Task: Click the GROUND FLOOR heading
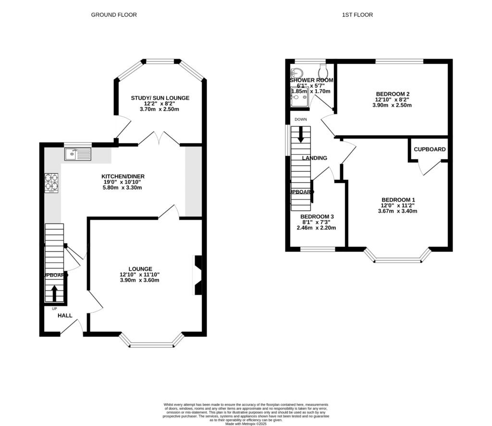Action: tap(114, 15)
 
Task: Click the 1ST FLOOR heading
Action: tap(357, 15)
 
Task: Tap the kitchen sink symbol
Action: tap(78, 154)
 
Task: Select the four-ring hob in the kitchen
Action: tap(52, 182)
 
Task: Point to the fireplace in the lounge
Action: tap(197, 275)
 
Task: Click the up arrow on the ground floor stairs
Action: tap(54, 291)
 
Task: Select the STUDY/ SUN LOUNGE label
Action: tap(160, 98)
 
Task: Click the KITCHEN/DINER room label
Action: tap(123, 176)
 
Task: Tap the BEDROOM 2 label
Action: tap(393, 94)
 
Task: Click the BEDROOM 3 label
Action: tap(317, 216)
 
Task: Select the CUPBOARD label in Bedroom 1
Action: tap(430, 150)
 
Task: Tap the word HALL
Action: tap(65, 316)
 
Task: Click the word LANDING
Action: tap(314, 158)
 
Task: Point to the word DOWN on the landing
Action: tap(302, 119)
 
